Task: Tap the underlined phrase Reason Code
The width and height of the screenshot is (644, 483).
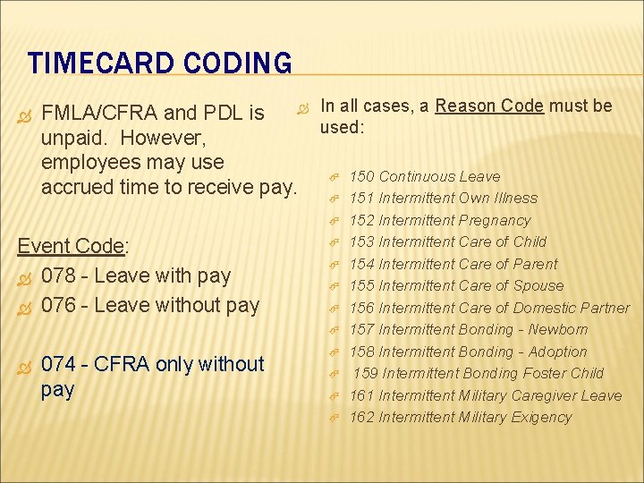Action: (489, 106)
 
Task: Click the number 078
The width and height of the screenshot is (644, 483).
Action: (59, 275)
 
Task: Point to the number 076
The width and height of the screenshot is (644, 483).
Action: (59, 305)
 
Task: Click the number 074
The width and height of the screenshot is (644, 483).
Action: (59, 364)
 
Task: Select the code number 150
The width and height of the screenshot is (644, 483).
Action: (361, 176)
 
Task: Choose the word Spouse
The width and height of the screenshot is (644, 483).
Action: (537, 285)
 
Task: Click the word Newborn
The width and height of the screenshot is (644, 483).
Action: (557, 329)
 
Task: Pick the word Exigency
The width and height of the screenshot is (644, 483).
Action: (539, 417)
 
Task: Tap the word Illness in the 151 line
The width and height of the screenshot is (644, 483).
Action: (513, 198)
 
